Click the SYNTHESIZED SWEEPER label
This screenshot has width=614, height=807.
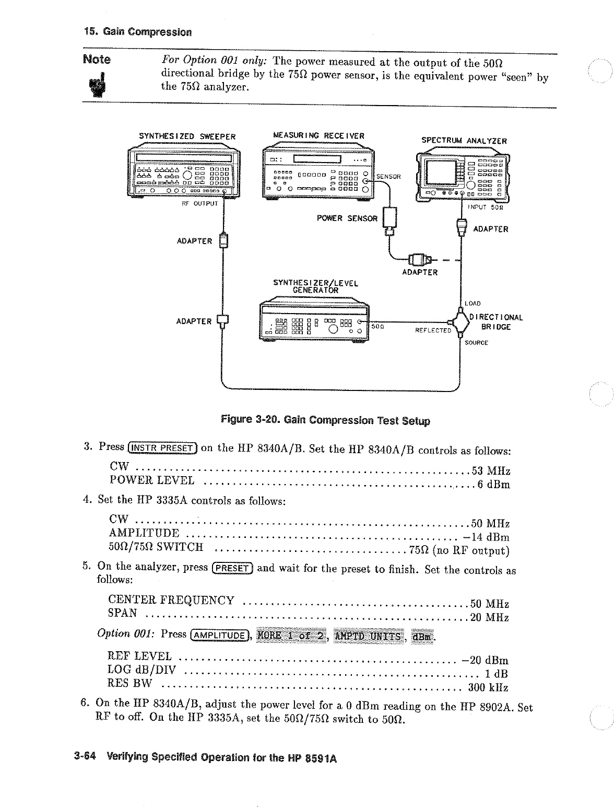pos(187,137)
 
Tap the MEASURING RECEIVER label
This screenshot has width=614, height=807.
pos(319,136)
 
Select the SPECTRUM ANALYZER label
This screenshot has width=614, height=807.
pos(464,140)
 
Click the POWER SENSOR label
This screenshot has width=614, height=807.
pos(347,218)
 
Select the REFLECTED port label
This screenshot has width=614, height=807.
pos(433,330)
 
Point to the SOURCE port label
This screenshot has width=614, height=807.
pos(476,343)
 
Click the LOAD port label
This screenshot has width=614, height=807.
pos(474,303)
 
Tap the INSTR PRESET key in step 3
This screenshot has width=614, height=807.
pos(163,447)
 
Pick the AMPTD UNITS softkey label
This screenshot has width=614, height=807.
pos(370,636)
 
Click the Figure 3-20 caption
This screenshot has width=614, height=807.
pos(326,420)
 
